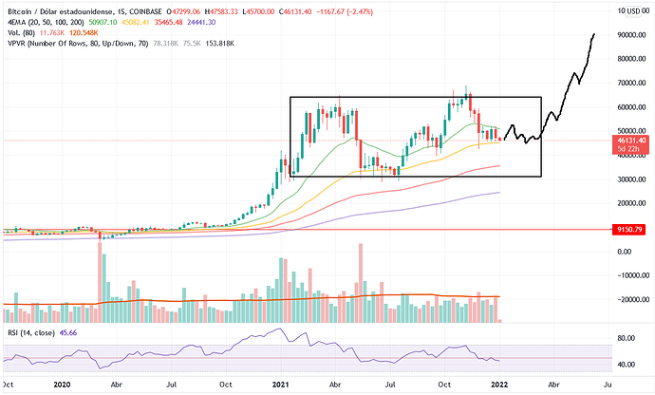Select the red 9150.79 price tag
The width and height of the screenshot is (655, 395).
(629, 229)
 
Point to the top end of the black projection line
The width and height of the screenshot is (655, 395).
(594, 34)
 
